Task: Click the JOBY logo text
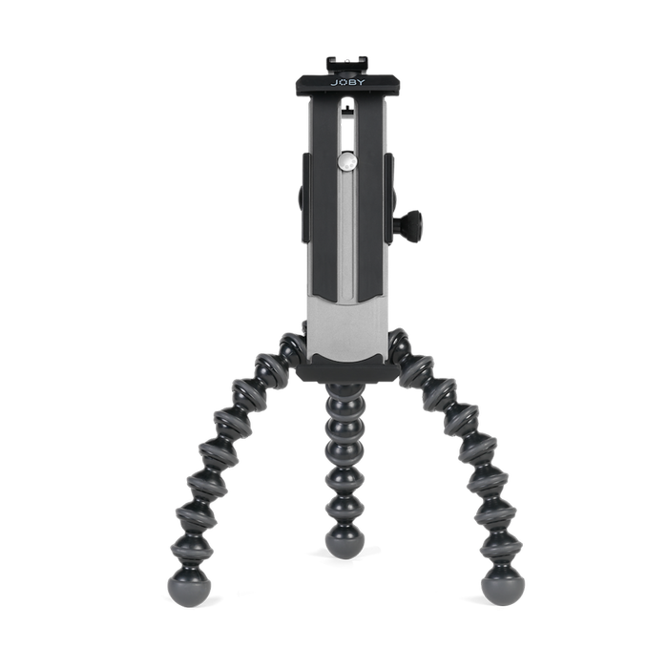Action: (347, 82)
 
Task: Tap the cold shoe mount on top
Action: (347, 65)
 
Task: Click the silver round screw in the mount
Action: (347, 162)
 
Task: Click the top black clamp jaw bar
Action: (347, 86)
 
